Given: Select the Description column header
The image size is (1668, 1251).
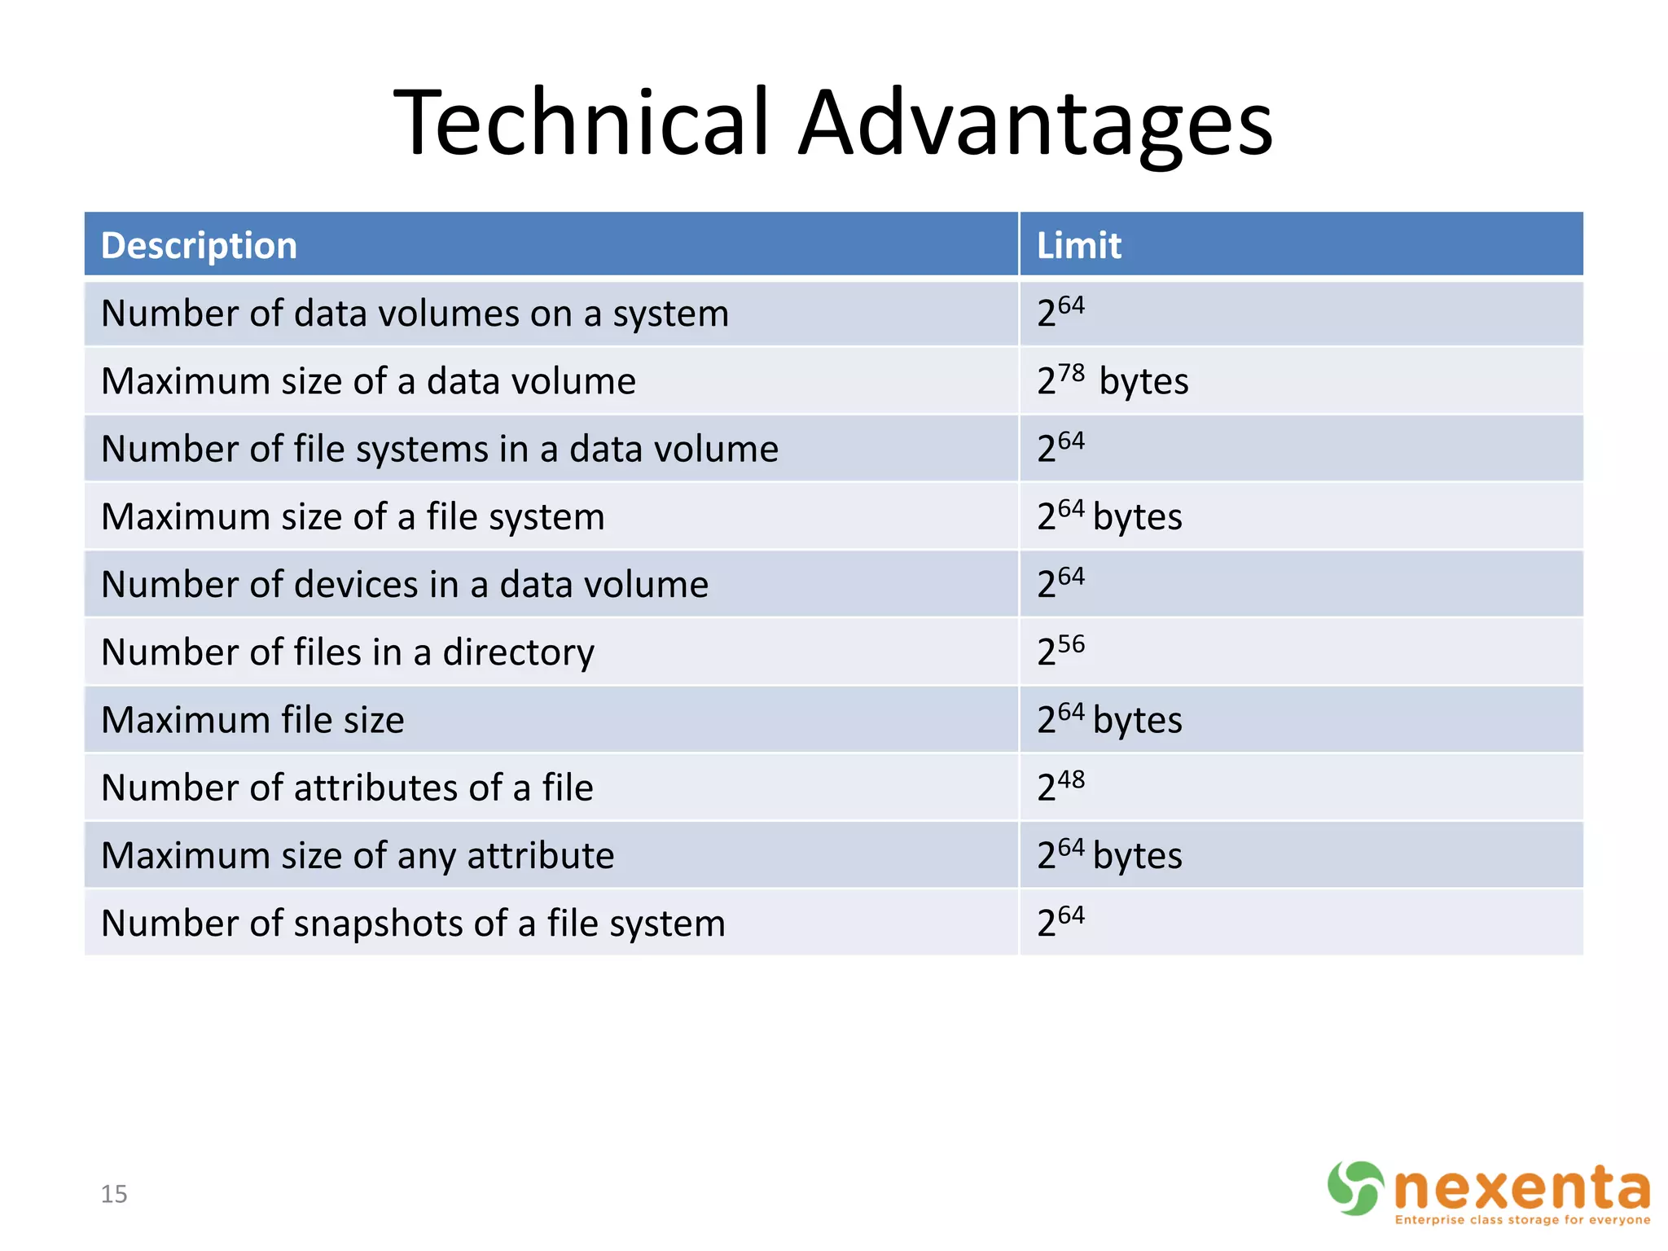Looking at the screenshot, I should (199, 246).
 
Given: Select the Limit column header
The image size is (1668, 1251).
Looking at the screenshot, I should (1078, 246).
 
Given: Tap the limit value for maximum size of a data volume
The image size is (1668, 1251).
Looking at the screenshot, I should (1112, 380).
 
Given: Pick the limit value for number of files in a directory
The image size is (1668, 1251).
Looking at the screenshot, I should (1060, 651).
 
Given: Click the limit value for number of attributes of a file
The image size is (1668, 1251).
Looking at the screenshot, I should (1060, 786).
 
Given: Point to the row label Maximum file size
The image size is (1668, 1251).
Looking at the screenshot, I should (252, 720).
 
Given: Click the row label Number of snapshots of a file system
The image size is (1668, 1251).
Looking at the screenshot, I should (413, 924).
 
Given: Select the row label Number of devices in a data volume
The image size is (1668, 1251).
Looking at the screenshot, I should (405, 585).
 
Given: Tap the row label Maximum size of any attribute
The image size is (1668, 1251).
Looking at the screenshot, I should (358, 856).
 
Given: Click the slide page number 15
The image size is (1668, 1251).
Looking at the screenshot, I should (114, 1194).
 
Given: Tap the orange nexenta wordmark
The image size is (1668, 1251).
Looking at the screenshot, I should (1521, 1188).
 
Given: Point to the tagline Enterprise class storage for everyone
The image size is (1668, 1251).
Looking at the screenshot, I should (1522, 1220).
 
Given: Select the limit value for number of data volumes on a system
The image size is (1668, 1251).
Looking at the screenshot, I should (1060, 313).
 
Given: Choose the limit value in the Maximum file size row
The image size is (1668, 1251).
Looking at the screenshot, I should (1108, 720).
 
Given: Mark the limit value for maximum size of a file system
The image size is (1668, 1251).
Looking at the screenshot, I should (1108, 516).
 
